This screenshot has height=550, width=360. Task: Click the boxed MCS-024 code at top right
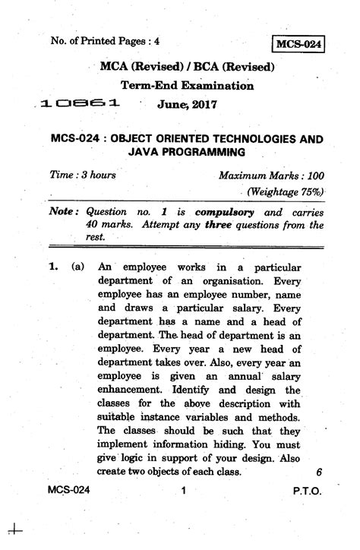click(300, 44)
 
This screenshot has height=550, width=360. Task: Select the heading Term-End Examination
click(187, 86)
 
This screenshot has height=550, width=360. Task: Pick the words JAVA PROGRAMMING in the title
click(187, 153)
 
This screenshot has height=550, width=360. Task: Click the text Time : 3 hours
click(83, 175)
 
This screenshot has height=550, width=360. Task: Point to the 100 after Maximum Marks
click(314, 175)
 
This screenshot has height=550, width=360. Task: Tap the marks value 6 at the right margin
click(319, 471)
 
